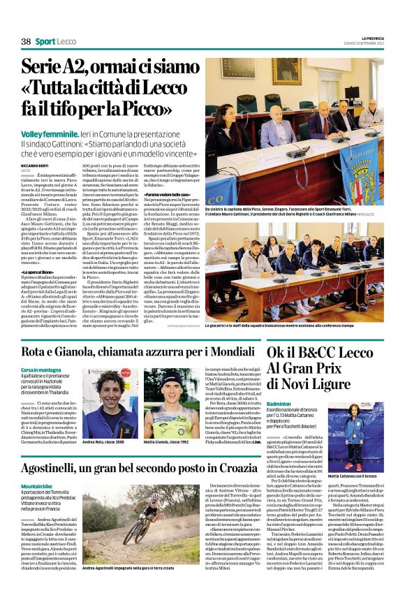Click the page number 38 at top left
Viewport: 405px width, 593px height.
[26, 42]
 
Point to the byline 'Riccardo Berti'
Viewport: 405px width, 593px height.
[34, 165]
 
